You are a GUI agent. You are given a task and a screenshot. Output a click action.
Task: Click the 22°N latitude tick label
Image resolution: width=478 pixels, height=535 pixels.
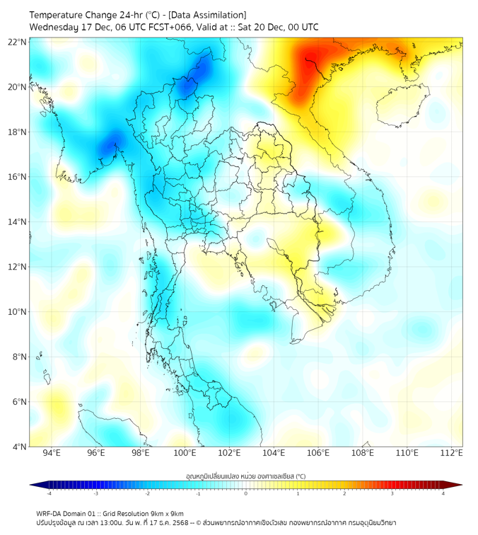tap(18, 42)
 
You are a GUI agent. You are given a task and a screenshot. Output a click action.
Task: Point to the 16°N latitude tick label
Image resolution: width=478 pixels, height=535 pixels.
tap(18, 176)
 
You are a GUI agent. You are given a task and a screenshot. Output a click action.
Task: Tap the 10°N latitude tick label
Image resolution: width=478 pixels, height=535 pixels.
tap(18, 311)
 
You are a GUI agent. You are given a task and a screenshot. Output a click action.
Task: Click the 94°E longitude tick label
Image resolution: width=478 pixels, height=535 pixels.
tap(52, 453)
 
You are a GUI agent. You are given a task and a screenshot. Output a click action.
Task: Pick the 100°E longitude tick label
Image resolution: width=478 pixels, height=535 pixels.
tap(185, 453)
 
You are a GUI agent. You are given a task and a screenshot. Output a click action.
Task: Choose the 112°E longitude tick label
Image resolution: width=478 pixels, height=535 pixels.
tap(452, 453)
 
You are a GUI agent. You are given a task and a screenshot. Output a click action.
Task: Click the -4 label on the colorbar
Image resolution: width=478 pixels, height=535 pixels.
tap(49, 493)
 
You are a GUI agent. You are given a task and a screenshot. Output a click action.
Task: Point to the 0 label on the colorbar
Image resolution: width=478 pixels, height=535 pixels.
tap(246, 493)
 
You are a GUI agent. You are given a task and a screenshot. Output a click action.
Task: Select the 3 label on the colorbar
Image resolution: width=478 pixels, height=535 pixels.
tap(393, 493)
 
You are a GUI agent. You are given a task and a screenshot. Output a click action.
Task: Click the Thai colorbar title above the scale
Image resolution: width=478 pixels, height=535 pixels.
tap(245, 476)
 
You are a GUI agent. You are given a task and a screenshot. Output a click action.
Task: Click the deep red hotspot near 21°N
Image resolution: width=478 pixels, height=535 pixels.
tap(308, 59)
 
